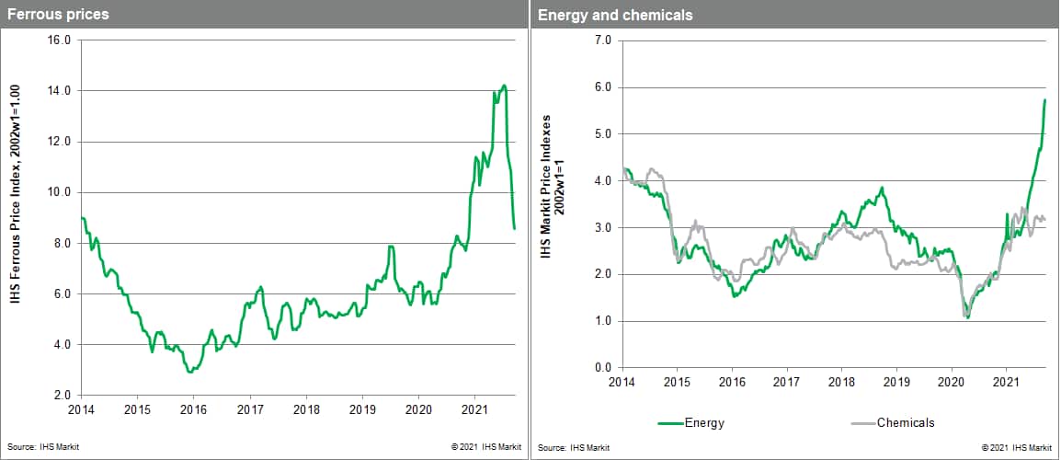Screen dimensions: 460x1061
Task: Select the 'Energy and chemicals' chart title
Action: pos(602,15)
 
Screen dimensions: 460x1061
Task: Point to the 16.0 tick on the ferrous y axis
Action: pos(60,40)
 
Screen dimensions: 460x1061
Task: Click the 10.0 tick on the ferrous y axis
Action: pos(60,192)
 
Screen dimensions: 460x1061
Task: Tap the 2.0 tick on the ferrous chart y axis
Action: pos(63,395)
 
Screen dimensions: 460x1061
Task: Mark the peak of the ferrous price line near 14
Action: pos(504,86)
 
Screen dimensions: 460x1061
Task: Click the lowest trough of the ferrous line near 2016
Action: pos(189,372)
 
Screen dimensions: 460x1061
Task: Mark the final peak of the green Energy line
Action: pos(1045,99)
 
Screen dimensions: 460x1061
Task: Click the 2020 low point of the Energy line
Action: pos(967,318)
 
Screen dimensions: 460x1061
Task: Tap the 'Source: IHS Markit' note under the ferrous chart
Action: pos(33,447)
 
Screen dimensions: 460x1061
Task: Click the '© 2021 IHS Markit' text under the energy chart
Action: pos(1016,447)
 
